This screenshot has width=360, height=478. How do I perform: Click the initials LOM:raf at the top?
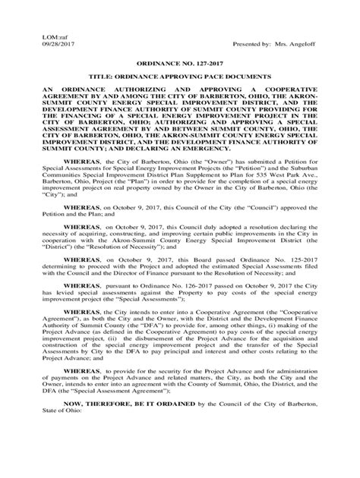pyautogui.click(x=45, y=36)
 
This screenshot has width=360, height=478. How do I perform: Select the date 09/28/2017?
pyautogui.click(x=47, y=44)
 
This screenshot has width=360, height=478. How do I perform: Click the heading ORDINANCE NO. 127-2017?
pyautogui.click(x=179, y=67)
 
